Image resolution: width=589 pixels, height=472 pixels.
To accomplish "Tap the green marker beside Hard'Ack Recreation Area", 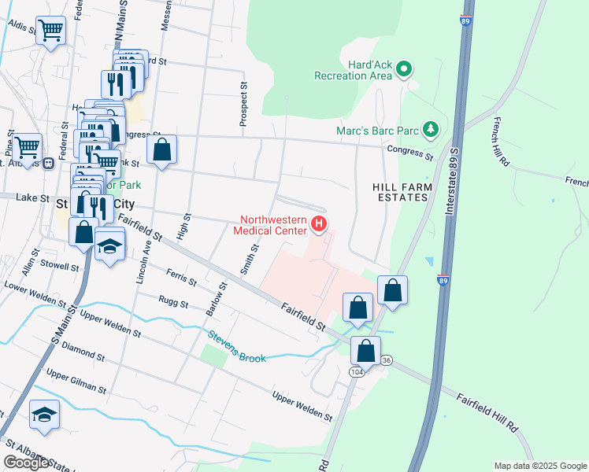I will click(405, 69).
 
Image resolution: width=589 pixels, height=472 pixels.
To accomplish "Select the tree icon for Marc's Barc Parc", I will click(430, 128).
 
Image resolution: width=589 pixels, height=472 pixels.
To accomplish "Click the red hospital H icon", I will click(319, 225).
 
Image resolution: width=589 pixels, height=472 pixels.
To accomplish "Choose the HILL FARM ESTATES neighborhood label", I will click(401, 191).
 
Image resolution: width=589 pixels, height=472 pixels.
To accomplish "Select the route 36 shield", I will click(386, 360).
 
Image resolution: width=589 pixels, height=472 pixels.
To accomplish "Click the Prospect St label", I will click(243, 102).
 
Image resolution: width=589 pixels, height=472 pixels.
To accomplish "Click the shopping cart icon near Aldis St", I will click(51, 31).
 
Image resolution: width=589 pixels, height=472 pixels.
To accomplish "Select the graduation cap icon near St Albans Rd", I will click(44, 415).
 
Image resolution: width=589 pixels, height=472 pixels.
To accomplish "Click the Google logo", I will click(25, 463).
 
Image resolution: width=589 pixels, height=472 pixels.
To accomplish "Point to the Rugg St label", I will click(173, 303).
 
